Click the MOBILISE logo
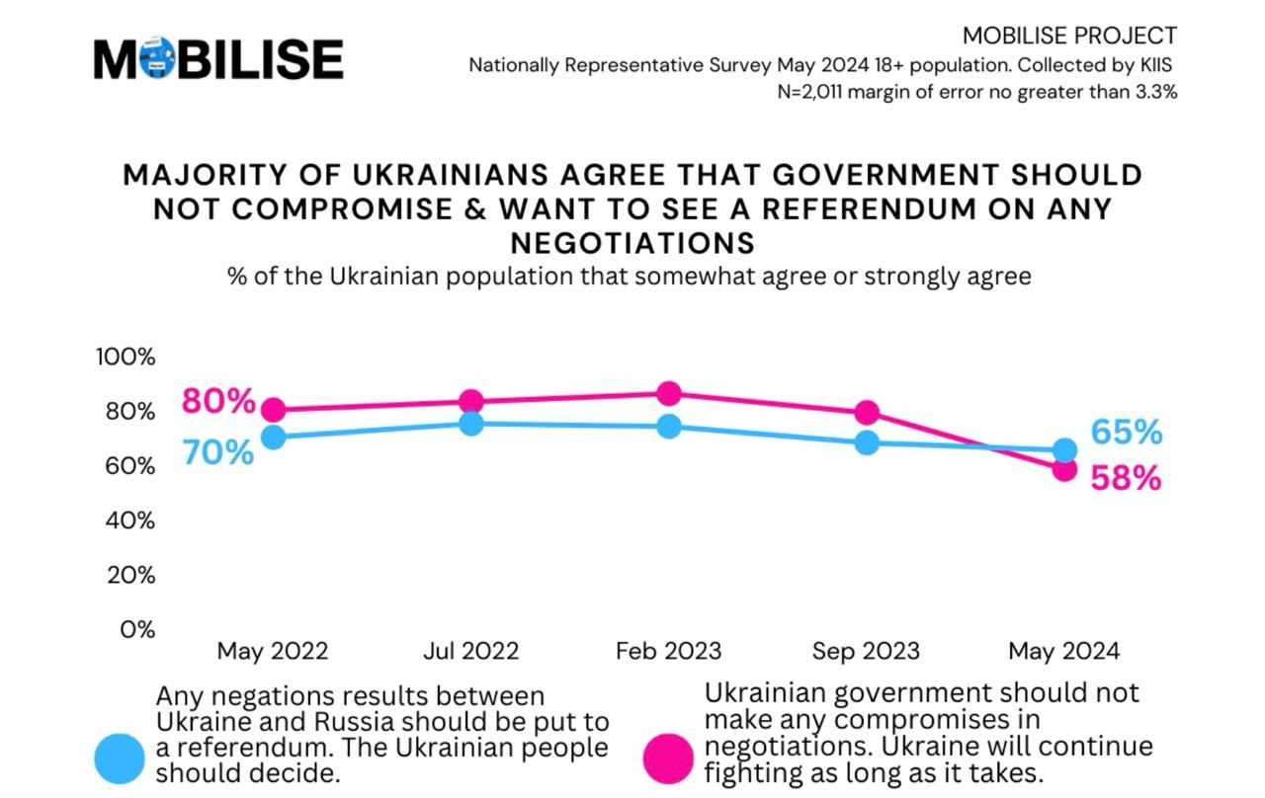pos(218,58)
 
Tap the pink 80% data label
pos(218,402)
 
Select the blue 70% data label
pos(218,452)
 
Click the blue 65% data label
pos(1127,433)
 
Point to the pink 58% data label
pos(1126,479)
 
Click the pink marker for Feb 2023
pos(669,394)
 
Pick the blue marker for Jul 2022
pos(471,424)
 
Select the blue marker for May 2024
pos(1064,450)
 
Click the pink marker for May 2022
pos(274,410)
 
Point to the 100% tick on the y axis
pos(126,357)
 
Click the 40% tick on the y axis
pos(130,520)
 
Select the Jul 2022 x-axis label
pos(470,652)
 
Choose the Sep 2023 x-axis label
pos(866,652)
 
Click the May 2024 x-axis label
pos(1063,652)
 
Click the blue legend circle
pos(120,758)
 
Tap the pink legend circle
pos(668,758)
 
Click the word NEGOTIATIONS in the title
pos(632,242)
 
